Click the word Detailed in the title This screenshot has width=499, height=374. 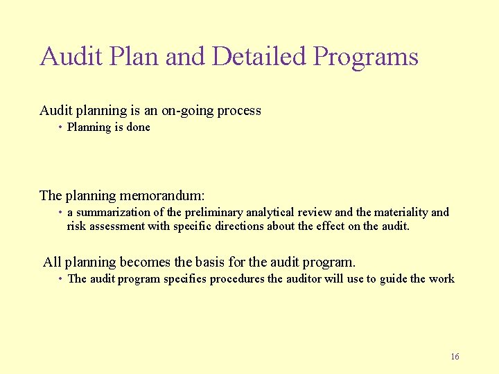pyautogui.click(x=259, y=56)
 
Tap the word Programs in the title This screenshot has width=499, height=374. pyautogui.click(x=365, y=57)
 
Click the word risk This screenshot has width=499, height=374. pyautogui.click(x=76, y=226)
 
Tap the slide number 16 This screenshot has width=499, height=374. pyautogui.click(x=455, y=357)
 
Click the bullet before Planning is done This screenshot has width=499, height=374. pyautogui.click(x=61, y=127)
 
